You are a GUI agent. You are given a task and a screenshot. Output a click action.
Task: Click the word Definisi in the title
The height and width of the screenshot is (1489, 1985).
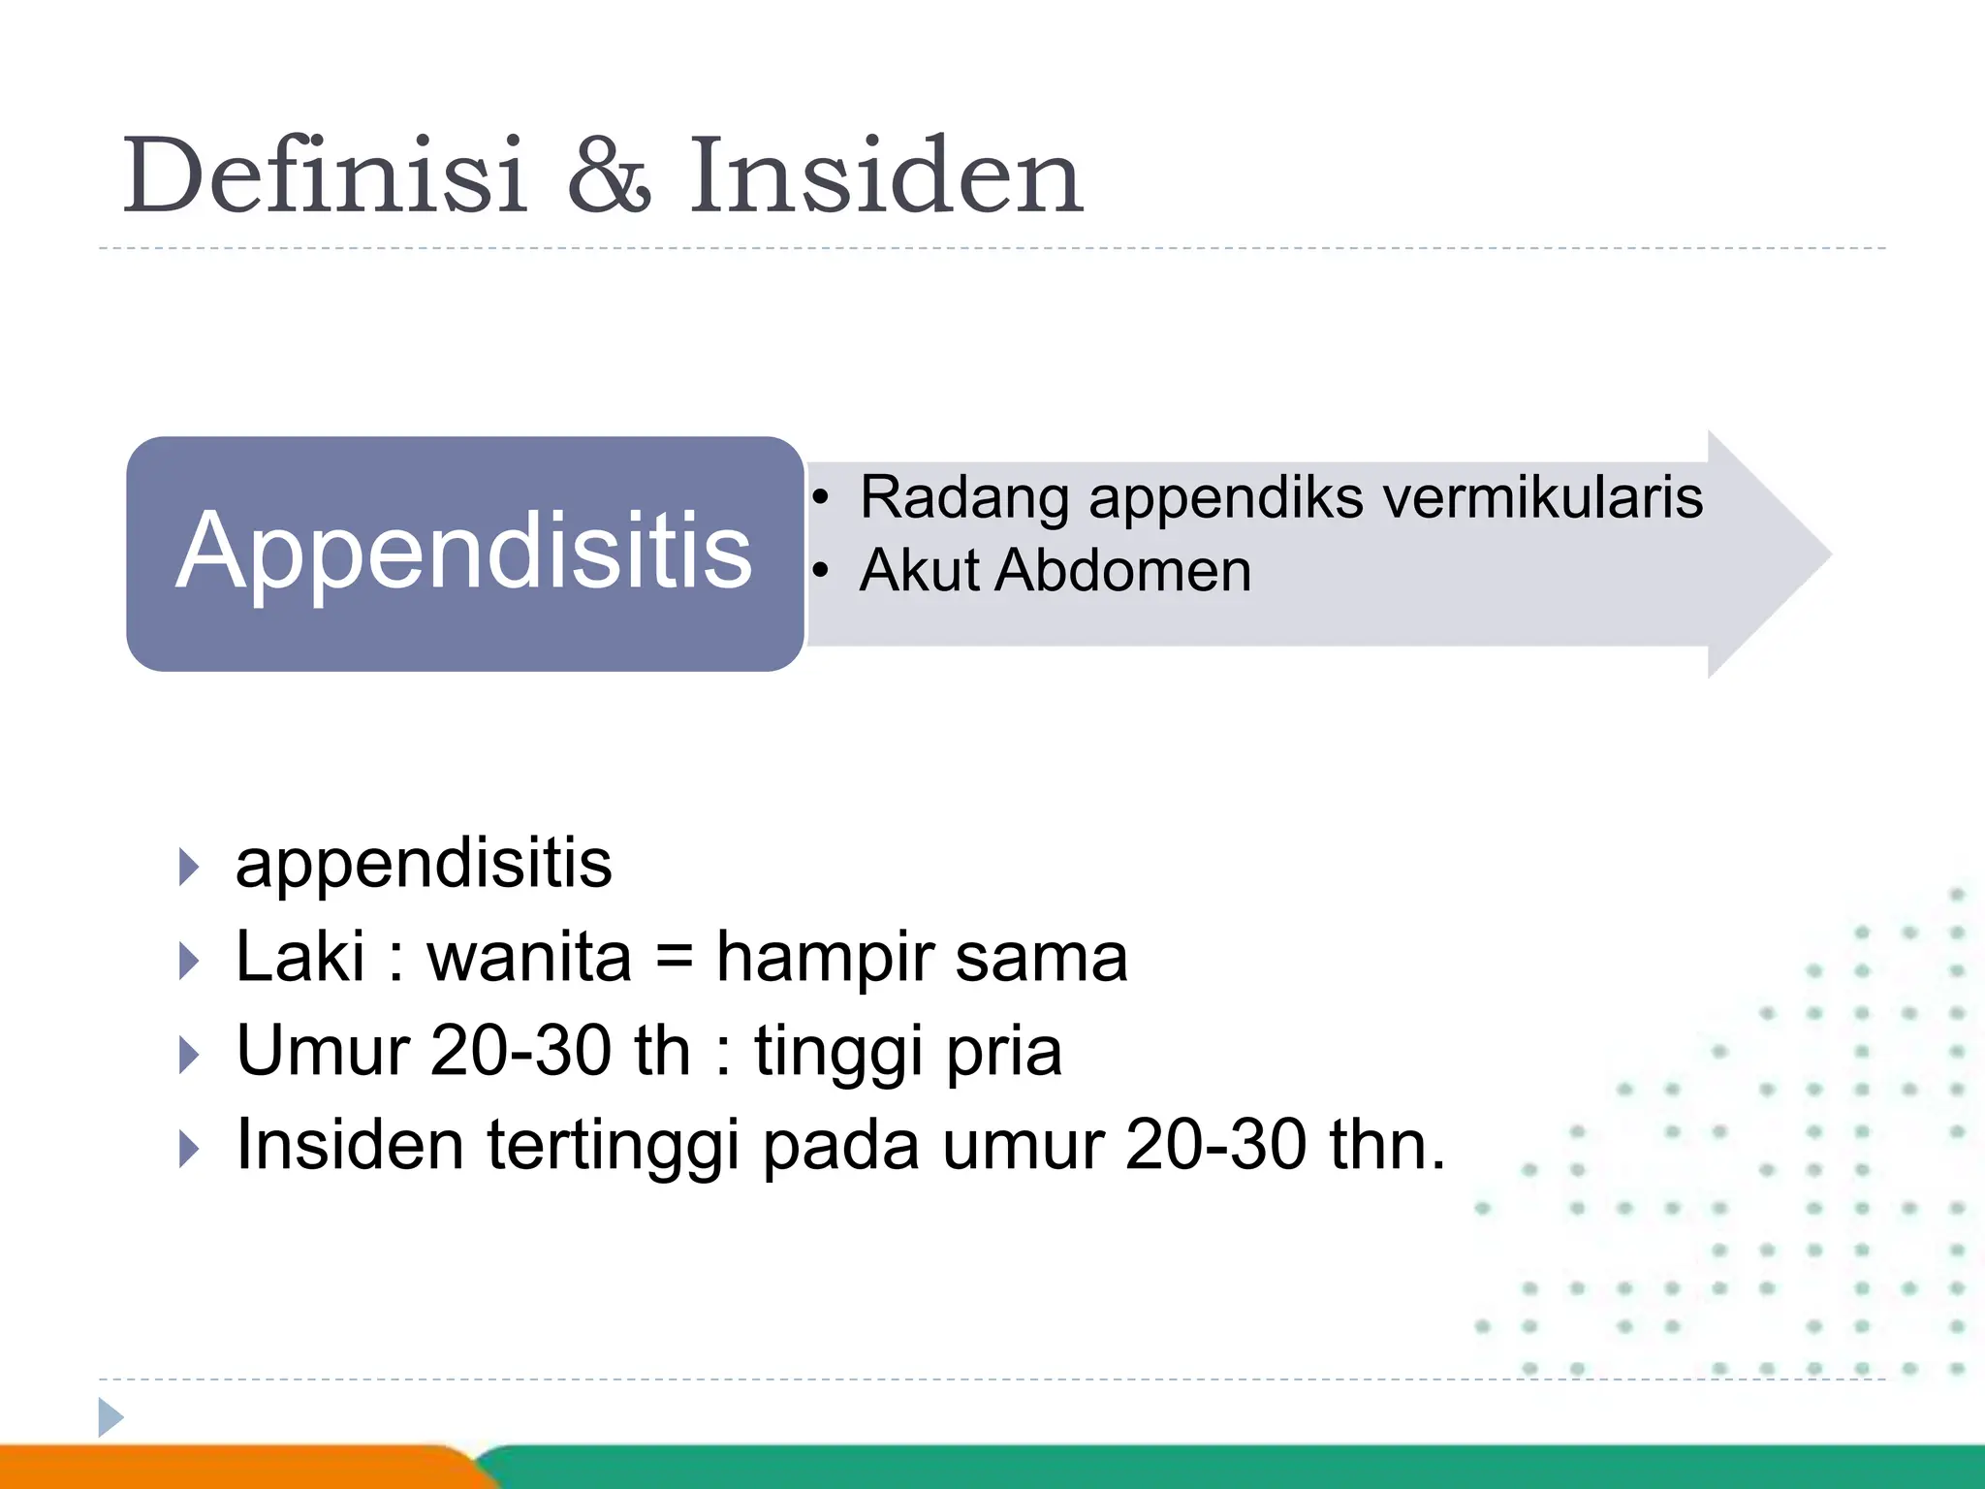[x=325, y=176]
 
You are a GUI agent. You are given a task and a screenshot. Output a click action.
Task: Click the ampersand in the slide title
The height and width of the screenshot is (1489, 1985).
[x=609, y=176]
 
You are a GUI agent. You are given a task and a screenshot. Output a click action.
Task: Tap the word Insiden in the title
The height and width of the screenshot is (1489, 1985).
[x=885, y=176]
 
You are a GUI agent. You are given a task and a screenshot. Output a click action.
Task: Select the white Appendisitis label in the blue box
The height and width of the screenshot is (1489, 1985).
[x=463, y=553]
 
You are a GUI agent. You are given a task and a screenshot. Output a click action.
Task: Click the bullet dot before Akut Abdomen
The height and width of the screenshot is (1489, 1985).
[x=821, y=571]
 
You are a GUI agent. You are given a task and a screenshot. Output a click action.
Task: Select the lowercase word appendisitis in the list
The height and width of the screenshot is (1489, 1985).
[x=424, y=863]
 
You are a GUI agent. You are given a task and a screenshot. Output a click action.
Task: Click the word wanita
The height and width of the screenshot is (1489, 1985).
[x=529, y=957]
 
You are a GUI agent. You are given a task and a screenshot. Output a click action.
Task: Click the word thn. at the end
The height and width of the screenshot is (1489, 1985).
[x=1387, y=1146]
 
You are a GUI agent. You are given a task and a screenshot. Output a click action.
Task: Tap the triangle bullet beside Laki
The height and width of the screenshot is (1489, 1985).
[x=189, y=961]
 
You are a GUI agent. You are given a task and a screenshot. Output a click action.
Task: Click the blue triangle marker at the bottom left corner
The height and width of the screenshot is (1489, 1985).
[x=110, y=1417]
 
